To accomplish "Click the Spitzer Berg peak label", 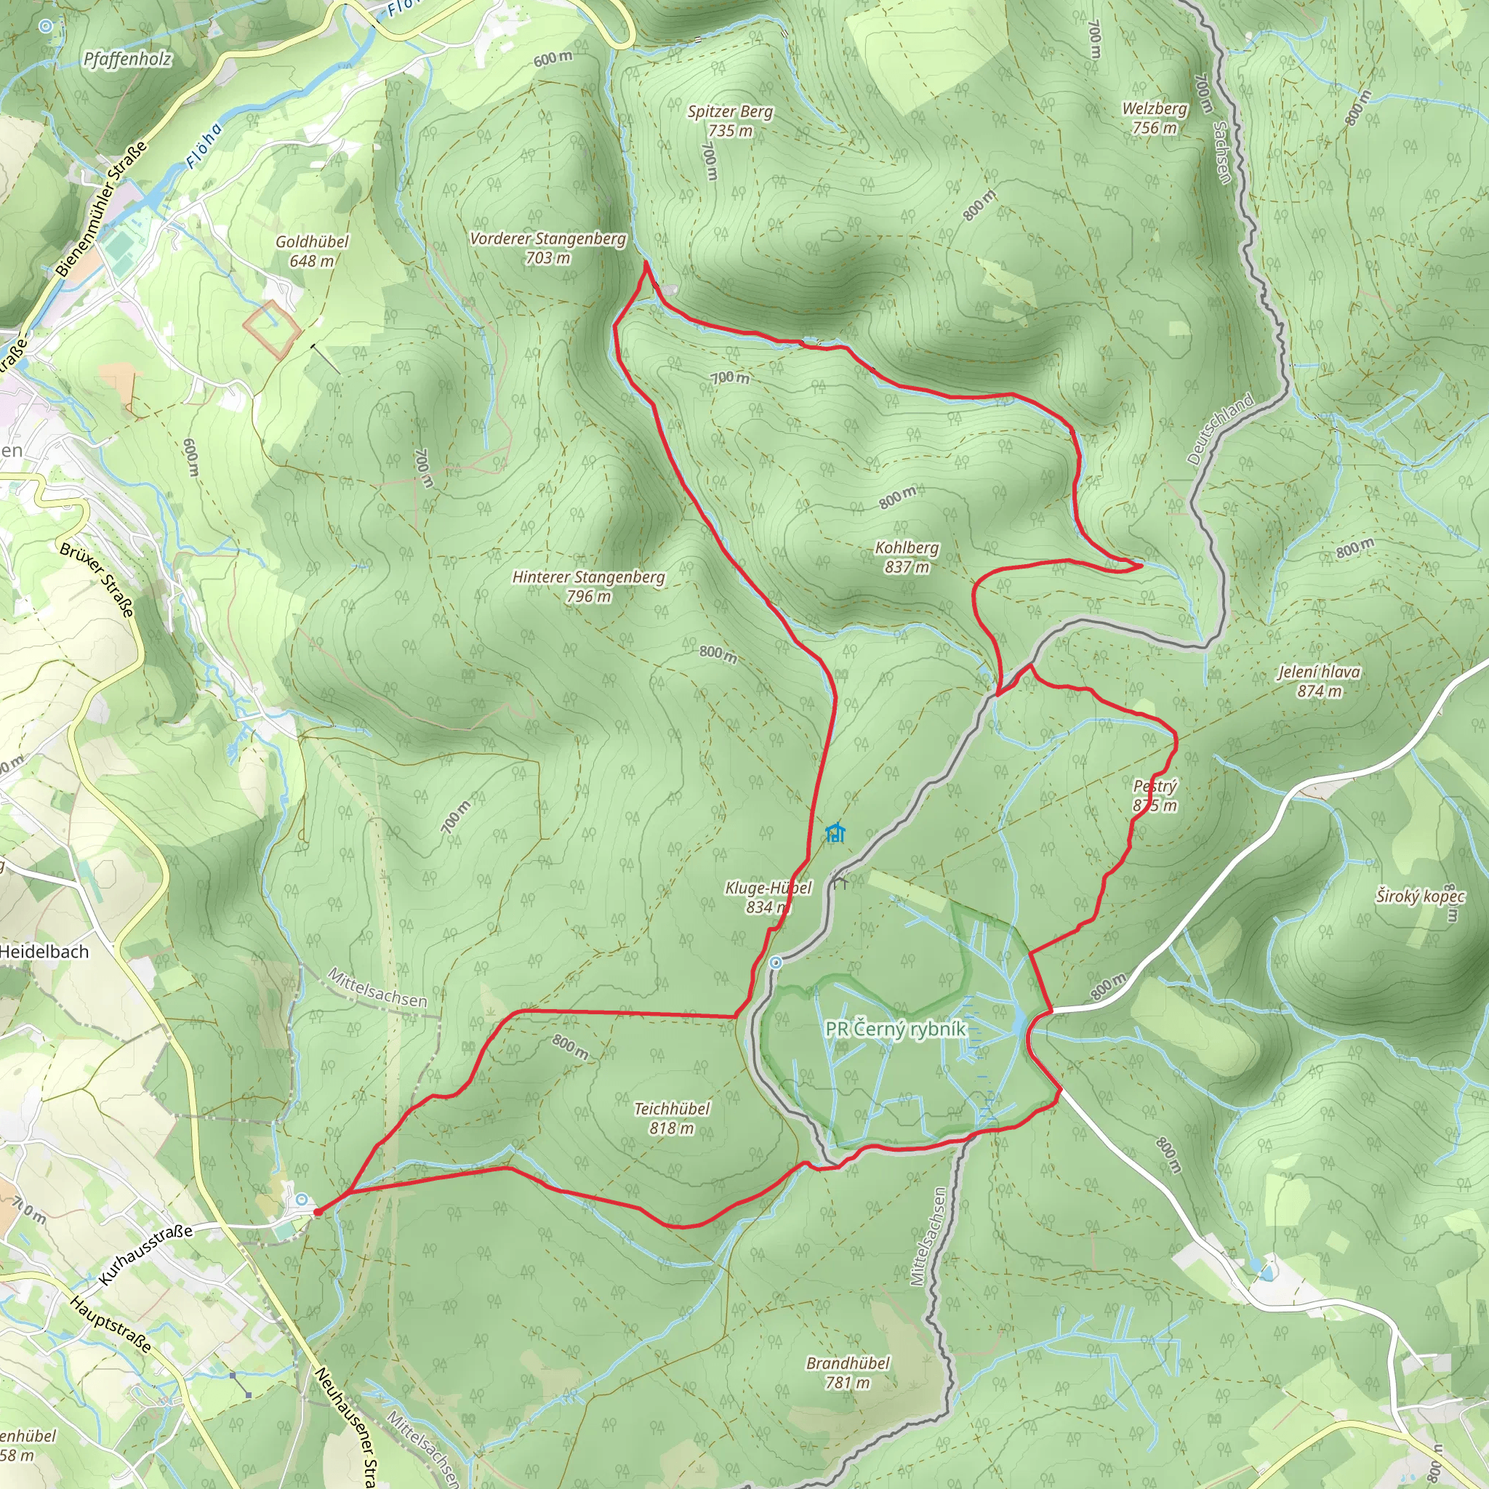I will click(730, 121).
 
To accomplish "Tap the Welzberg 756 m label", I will click(1154, 118).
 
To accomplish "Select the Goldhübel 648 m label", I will click(312, 252).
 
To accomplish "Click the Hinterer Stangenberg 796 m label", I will click(589, 586).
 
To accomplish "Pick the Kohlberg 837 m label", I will click(907, 557).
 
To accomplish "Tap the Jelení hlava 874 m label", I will click(1319, 681).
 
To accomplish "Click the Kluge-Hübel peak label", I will click(768, 897).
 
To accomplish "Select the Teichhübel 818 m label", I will click(671, 1118).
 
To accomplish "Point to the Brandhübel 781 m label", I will click(848, 1373).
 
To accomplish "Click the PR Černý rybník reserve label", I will click(895, 1029).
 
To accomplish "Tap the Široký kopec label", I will click(1420, 896).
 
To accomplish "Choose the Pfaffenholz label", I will click(128, 60).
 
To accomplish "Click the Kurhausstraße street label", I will click(145, 1256).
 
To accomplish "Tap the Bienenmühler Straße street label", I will click(101, 209).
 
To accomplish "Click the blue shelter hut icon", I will click(835, 832).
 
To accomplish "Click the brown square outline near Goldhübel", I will click(272, 329).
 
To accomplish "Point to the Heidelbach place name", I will click(44, 952).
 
